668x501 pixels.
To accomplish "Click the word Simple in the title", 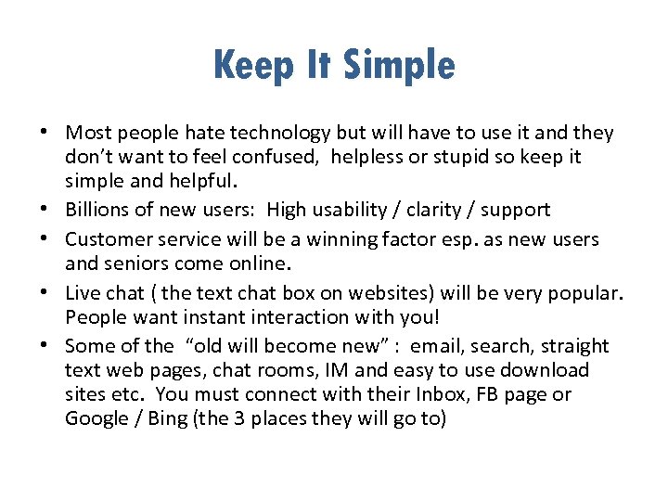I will [400, 66].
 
